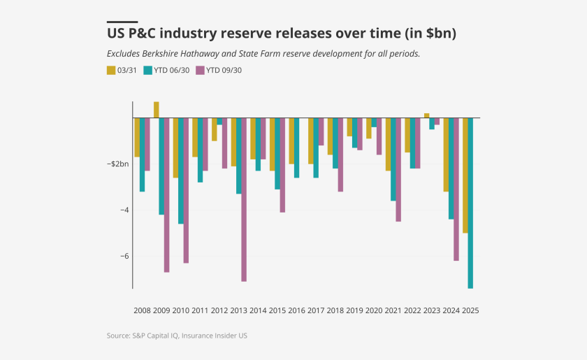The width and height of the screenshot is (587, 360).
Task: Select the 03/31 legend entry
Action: [x=123, y=70]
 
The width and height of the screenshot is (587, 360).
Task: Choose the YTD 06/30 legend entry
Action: [x=166, y=70]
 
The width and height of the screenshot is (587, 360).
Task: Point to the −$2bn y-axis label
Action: [x=117, y=164]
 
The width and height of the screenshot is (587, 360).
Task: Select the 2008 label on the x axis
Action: [x=142, y=310]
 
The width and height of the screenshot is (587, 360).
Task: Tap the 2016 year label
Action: [x=296, y=310]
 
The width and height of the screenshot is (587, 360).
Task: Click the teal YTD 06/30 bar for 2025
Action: [x=470, y=203]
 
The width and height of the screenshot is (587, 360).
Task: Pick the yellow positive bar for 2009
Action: [x=157, y=110]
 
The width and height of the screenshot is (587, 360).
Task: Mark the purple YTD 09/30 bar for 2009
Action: [x=167, y=195]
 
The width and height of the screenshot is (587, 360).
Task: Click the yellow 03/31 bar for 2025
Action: [x=465, y=175]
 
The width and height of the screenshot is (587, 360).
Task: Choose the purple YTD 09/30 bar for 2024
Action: [x=456, y=189]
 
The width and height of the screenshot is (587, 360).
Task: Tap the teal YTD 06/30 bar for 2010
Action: [x=181, y=171]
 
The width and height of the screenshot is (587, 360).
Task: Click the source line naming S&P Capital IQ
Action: [x=177, y=336]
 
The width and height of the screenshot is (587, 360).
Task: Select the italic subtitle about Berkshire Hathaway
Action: [x=263, y=53]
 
